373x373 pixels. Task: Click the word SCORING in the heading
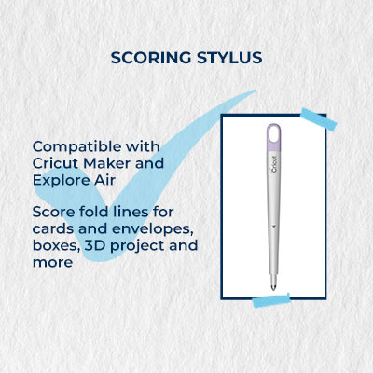pos(151,58)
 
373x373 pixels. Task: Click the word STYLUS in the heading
pos(229,58)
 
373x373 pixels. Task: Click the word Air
pos(105,180)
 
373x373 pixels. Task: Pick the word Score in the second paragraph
pos(53,212)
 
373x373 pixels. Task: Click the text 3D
pos(95,245)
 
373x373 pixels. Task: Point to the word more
pos(52,263)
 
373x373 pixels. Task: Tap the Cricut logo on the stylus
pos(274,165)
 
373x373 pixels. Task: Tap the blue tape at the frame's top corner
pos(319,119)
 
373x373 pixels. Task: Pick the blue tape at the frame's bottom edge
pos(271,300)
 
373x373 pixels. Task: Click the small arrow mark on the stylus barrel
pos(273,226)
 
